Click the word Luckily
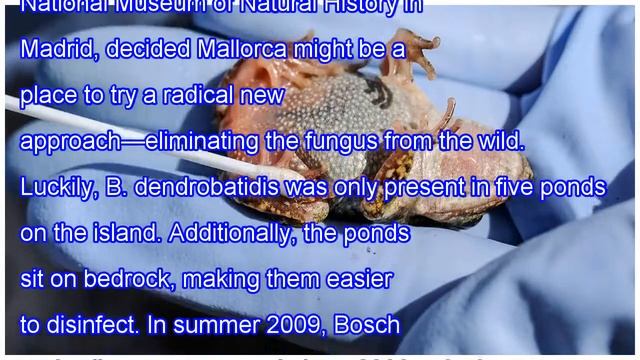56,187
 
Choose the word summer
221,325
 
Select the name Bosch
370,325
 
